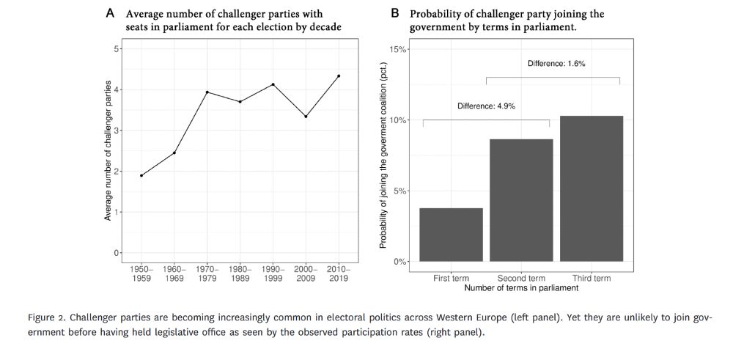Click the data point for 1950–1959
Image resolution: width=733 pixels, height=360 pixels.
point(141,175)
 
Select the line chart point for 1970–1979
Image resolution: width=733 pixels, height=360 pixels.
point(207,92)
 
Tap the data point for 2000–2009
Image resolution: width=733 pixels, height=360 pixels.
point(306,116)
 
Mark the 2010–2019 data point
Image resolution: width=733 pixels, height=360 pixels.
point(339,76)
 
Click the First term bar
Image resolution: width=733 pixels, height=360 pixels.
point(451,235)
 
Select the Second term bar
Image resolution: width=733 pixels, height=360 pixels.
point(521,200)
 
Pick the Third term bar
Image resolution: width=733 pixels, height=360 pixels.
point(592,188)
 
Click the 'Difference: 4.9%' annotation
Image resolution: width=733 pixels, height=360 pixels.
point(486,106)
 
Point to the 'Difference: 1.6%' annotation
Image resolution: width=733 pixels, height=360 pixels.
point(556,64)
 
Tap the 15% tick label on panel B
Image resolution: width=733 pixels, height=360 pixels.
point(398,50)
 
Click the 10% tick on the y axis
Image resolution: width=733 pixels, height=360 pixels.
point(398,120)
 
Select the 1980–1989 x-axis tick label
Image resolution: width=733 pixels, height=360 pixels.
point(240,275)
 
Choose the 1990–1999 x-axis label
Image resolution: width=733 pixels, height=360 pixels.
point(273,275)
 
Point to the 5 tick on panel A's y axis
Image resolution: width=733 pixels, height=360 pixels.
point(117,49)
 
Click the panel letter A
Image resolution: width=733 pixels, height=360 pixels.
point(110,13)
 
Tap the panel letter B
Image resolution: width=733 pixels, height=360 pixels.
point(395,13)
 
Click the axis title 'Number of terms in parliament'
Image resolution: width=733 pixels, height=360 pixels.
point(521,288)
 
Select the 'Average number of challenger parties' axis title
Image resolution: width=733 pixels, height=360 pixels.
point(108,150)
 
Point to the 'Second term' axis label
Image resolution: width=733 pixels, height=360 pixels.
point(521,279)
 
